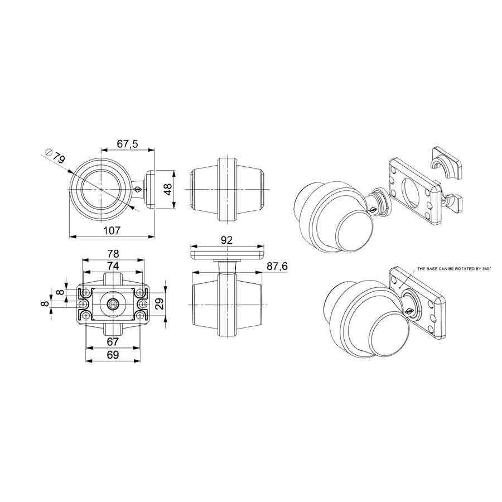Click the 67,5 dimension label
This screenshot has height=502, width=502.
[x=127, y=144]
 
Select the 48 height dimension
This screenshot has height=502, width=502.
[x=166, y=190]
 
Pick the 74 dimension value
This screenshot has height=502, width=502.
[x=112, y=266]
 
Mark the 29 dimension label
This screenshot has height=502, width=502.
[x=158, y=304]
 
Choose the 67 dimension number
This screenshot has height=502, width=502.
[x=112, y=341]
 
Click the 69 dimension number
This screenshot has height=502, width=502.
[x=112, y=354]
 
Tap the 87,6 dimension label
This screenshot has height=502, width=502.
[x=277, y=267]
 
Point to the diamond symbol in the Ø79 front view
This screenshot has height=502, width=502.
[x=137, y=190]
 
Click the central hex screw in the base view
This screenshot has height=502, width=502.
[x=113, y=304]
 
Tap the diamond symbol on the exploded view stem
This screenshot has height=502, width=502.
[x=371, y=210]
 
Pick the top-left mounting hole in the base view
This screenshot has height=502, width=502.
[x=86, y=292]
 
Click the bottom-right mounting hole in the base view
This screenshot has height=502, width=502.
[x=139, y=316]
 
